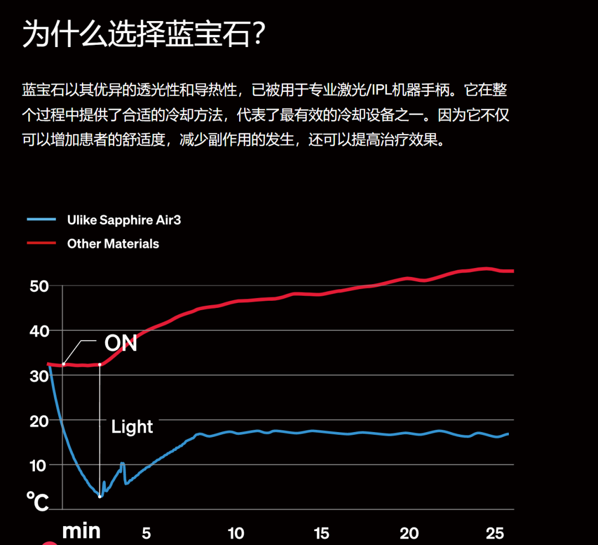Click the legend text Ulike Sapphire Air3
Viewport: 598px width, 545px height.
click(x=124, y=220)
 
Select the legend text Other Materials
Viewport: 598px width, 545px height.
click(x=113, y=244)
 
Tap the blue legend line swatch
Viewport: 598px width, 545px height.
click(x=42, y=220)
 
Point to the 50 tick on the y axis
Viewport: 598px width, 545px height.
click(x=39, y=286)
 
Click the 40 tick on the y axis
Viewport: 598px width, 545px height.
click(x=39, y=331)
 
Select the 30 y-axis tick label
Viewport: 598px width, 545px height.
click(x=39, y=376)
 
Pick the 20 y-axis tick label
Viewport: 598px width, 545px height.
click(x=39, y=421)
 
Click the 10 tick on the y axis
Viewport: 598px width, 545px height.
click(x=39, y=465)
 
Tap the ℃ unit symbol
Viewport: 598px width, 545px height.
click(x=38, y=502)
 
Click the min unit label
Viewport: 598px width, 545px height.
click(x=81, y=531)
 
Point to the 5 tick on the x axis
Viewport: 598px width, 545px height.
click(x=146, y=533)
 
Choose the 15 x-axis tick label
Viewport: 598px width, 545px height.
click(x=322, y=533)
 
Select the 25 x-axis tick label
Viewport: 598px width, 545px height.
click(x=495, y=533)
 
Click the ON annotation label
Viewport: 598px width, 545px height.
click(x=121, y=343)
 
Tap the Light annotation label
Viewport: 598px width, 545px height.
click(x=132, y=426)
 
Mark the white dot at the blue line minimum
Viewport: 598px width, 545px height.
click(x=100, y=496)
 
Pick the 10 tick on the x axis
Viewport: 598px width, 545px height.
click(x=236, y=533)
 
